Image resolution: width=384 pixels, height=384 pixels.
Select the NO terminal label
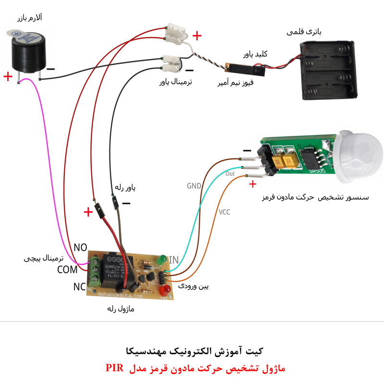point(80,248)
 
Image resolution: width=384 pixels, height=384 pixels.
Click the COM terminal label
point(67,270)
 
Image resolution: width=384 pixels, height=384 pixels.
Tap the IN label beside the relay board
point(173,260)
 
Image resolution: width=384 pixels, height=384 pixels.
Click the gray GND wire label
point(193,185)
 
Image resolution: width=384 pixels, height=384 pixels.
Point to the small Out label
point(230,174)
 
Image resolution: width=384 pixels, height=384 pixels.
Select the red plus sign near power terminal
point(197,36)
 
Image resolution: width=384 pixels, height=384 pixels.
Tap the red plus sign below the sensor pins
point(253,183)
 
